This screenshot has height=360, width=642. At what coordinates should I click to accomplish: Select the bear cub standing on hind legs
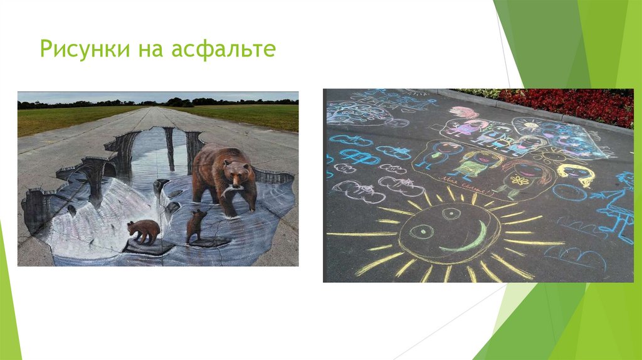196,226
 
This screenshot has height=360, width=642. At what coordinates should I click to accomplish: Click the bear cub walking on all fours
145,230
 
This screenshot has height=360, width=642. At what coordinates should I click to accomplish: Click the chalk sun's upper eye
451,214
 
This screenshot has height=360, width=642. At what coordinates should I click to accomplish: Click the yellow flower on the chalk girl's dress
518,181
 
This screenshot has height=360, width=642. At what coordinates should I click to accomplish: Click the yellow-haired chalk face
575,174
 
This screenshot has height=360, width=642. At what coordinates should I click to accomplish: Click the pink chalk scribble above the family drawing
463,112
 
